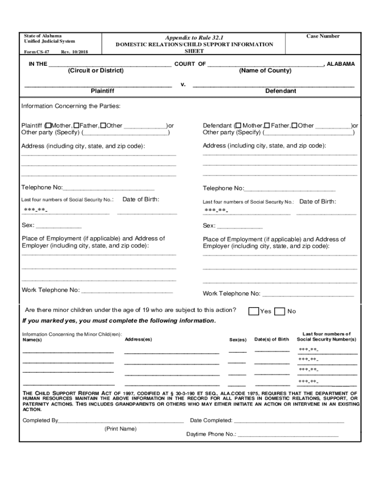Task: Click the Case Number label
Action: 322,37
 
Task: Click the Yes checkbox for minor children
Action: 254,311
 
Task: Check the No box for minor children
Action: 280,311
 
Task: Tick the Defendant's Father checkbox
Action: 267,126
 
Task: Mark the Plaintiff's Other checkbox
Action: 103,126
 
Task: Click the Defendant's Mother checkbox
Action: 238,126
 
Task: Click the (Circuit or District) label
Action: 96,71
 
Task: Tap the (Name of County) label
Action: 265,71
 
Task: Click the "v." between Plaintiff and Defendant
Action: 183,84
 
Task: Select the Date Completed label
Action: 211,421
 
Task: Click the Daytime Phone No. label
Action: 211,434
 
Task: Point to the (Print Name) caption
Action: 120,429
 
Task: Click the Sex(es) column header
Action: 238,340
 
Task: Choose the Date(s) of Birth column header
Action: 271,339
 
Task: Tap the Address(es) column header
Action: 138,339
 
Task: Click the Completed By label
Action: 40,421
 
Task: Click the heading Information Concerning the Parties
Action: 71,106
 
